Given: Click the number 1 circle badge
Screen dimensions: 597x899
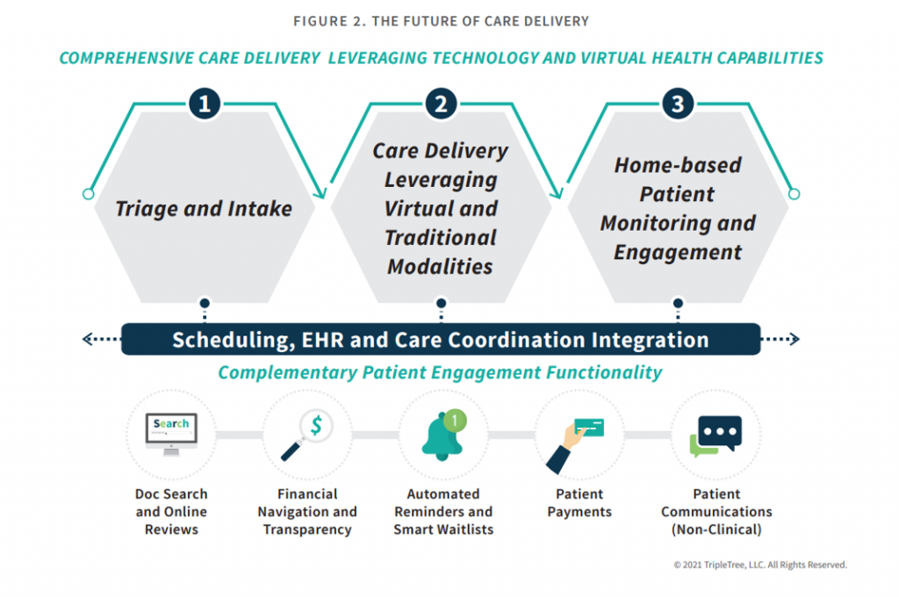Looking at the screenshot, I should coord(204,104).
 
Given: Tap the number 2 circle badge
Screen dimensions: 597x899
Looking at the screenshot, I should coord(441,104).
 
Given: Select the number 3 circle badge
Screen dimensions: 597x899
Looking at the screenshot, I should coord(677,104).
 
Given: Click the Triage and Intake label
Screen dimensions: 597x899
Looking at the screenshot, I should coord(204,209).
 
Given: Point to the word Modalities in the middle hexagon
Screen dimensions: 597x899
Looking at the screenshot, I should coord(440,266).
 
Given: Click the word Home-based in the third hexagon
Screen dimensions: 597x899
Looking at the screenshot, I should coord(678,165).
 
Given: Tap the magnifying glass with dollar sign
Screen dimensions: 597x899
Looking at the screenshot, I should coord(306,436).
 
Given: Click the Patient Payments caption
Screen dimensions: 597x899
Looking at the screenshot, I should coord(579,503).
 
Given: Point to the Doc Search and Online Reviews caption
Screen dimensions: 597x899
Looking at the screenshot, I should coord(171,512).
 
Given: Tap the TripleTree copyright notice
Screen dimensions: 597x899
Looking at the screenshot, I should coord(759,565).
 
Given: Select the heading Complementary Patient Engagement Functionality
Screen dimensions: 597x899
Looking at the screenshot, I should coord(440,372).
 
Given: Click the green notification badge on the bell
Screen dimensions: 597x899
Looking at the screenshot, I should coord(454,421).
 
